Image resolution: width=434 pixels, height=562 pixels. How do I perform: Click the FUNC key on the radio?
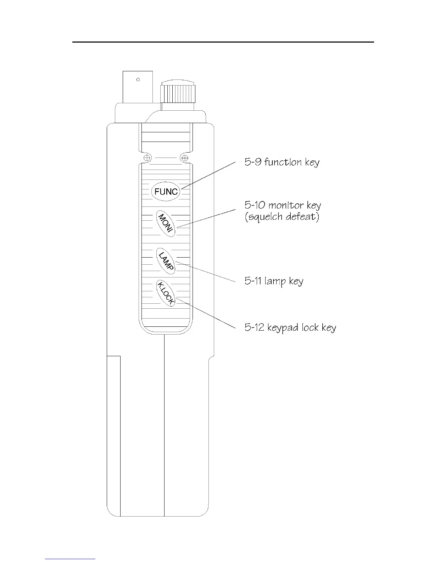(166, 192)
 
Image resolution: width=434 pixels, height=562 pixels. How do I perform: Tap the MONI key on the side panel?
(166, 224)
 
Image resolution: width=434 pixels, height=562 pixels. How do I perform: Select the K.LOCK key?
(166, 293)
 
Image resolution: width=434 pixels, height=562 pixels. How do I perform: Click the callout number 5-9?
(253, 162)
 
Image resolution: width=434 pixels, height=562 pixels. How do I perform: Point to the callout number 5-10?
(255, 205)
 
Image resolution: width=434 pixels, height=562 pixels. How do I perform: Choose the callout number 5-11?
(253, 281)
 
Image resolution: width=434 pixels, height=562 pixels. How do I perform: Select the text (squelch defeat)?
(282, 216)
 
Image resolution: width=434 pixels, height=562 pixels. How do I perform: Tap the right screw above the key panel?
(185, 158)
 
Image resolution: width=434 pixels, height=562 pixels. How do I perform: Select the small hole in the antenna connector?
(138, 79)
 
